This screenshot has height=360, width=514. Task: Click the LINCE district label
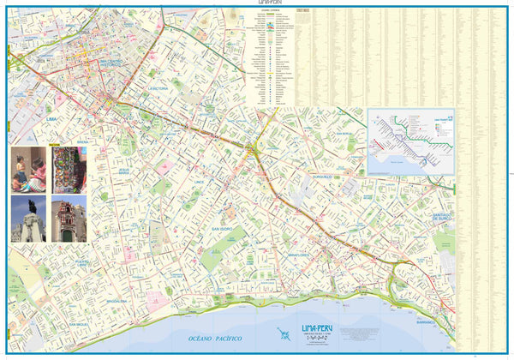[200, 182]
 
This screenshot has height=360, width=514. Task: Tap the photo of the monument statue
[27, 219]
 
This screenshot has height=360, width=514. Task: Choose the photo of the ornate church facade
[68, 219]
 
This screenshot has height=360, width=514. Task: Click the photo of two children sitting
[28, 169]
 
